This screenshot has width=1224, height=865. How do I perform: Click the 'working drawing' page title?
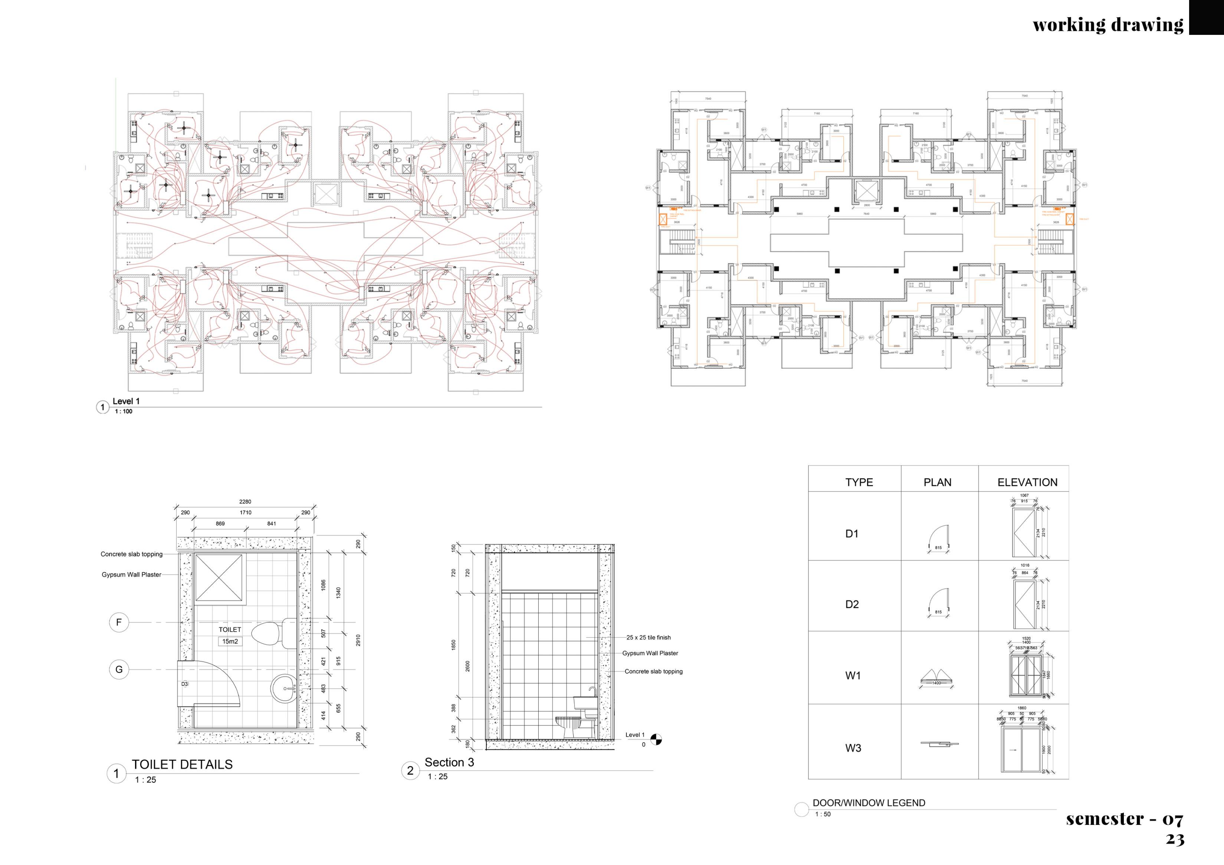click(1108, 24)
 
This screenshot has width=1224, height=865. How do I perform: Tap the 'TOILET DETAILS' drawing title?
click(182, 764)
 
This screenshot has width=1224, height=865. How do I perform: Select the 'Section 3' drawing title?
click(449, 762)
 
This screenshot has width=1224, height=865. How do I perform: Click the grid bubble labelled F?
click(119, 622)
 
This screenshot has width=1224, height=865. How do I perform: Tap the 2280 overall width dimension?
click(245, 501)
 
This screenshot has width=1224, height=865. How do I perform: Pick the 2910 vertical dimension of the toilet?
click(358, 640)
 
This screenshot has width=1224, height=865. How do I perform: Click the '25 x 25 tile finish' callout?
click(648, 637)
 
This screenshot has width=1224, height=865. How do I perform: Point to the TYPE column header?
click(859, 482)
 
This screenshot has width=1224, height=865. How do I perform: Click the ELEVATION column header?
click(1027, 482)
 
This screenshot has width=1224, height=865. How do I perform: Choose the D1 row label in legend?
click(852, 533)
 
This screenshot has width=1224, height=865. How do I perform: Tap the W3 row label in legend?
click(853, 748)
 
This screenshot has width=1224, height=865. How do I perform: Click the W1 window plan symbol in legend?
click(937, 677)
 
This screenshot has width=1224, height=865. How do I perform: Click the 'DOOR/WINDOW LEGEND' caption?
click(869, 803)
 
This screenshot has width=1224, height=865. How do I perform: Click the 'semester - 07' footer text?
click(1124, 819)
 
